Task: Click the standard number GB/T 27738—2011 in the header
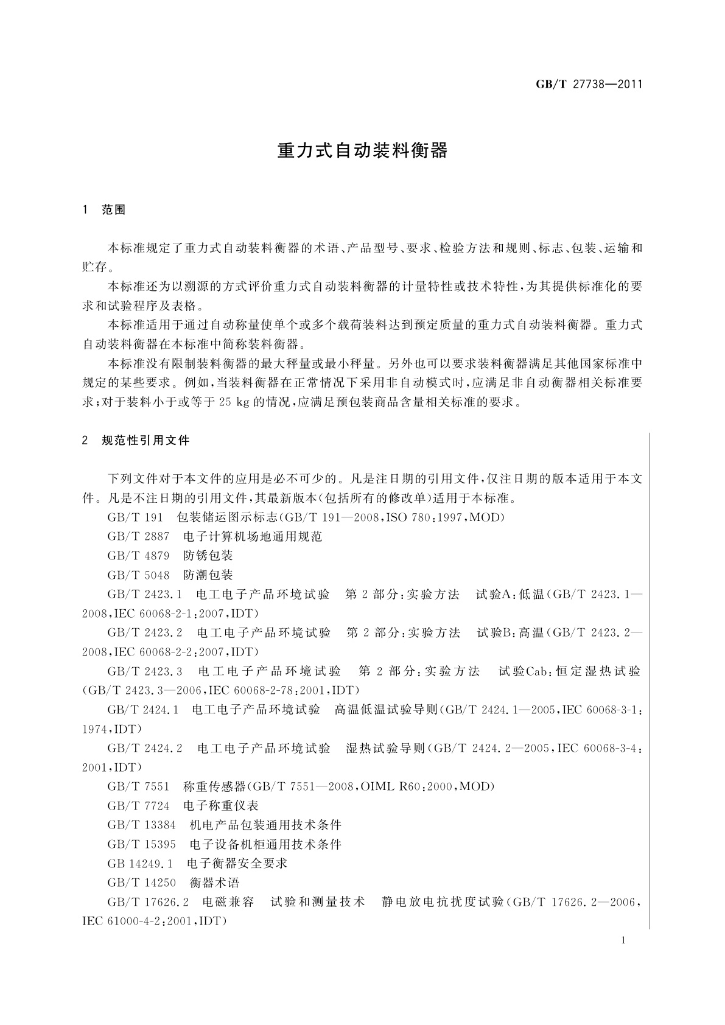[589, 85]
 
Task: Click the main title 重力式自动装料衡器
[362, 150]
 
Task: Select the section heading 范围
[114, 210]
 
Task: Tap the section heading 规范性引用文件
[146, 440]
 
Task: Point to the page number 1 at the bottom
[624, 940]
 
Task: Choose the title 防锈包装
[208, 556]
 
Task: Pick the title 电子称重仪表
[221, 806]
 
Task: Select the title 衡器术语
[215, 883]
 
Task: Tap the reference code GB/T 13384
[141, 825]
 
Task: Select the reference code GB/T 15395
[141, 844]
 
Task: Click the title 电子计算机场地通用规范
[253, 536]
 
